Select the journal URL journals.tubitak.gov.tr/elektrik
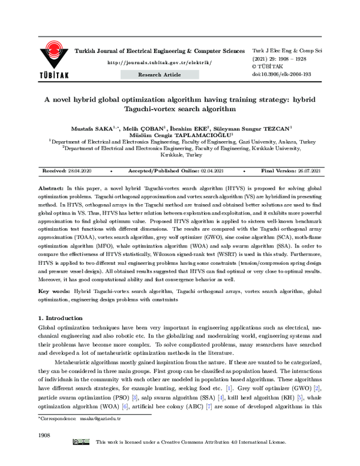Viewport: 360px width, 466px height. tap(160, 62)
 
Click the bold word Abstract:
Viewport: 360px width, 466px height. tap(52, 188)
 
